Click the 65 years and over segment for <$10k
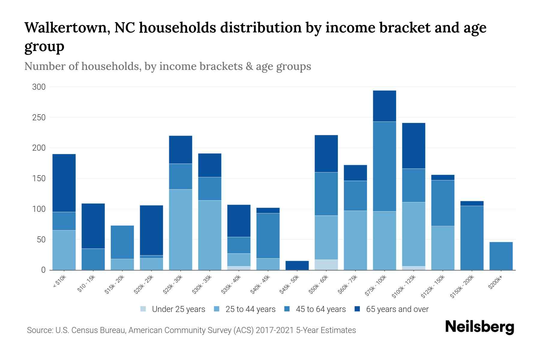(x=64, y=183)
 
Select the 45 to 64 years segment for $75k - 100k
(x=384, y=166)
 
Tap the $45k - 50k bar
(x=297, y=265)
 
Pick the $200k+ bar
(x=501, y=256)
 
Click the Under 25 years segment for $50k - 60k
(x=326, y=265)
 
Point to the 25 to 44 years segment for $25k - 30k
(x=180, y=229)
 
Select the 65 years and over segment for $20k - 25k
(x=151, y=230)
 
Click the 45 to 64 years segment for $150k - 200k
(x=472, y=238)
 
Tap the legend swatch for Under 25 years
(x=143, y=309)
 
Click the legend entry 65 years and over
(x=397, y=309)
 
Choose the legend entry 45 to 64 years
(x=320, y=309)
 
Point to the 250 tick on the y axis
(x=39, y=118)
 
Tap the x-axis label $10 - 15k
(x=86, y=284)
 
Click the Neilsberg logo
(x=479, y=327)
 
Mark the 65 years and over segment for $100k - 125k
(x=413, y=146)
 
